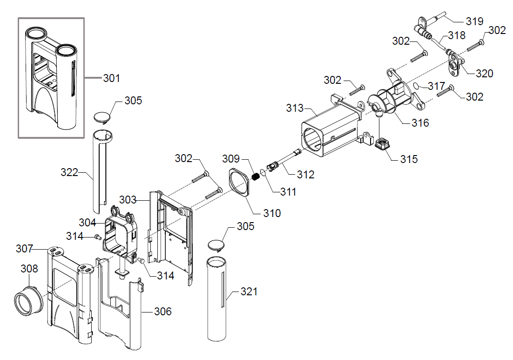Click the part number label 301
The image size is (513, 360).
(112, 78)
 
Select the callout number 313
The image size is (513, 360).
(295, 108)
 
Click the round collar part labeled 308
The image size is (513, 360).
(28, 299)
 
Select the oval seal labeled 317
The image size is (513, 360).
(416, 86)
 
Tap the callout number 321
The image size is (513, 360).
(249, 291)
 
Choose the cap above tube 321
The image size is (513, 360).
(216, 245)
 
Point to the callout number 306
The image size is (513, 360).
(162, 311)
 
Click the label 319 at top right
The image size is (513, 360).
(474, 21)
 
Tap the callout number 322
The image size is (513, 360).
(69, 172)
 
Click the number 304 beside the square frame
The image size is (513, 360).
(88, 223)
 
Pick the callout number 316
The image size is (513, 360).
(420, 123)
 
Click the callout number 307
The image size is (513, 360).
(25, 249)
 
